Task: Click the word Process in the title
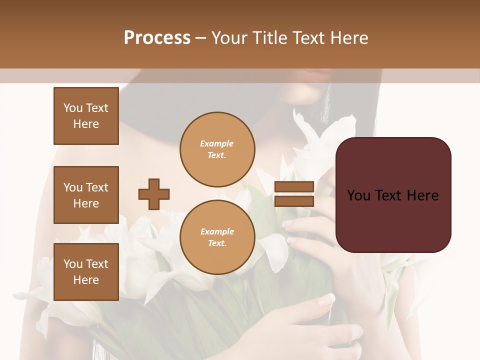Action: [x=157, y=38]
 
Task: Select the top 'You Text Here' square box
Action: [x=86, y=116]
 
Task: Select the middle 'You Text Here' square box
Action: [x=86, y=195]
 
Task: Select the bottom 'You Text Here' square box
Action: [x=86, y=272]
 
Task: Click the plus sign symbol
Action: [x=154, y=194]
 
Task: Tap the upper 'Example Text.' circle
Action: [x=217, y=149]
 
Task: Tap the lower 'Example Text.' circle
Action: [x=217, y=237]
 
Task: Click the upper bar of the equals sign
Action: [x=294, y=187]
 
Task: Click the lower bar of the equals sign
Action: [x=294, y=201]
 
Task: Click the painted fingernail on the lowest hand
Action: [x=326, y=300]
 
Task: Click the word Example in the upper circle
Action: [x=217, y=143]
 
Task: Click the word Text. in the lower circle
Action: [x=217, y=243]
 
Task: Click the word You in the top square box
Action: [x=73, y=108]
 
